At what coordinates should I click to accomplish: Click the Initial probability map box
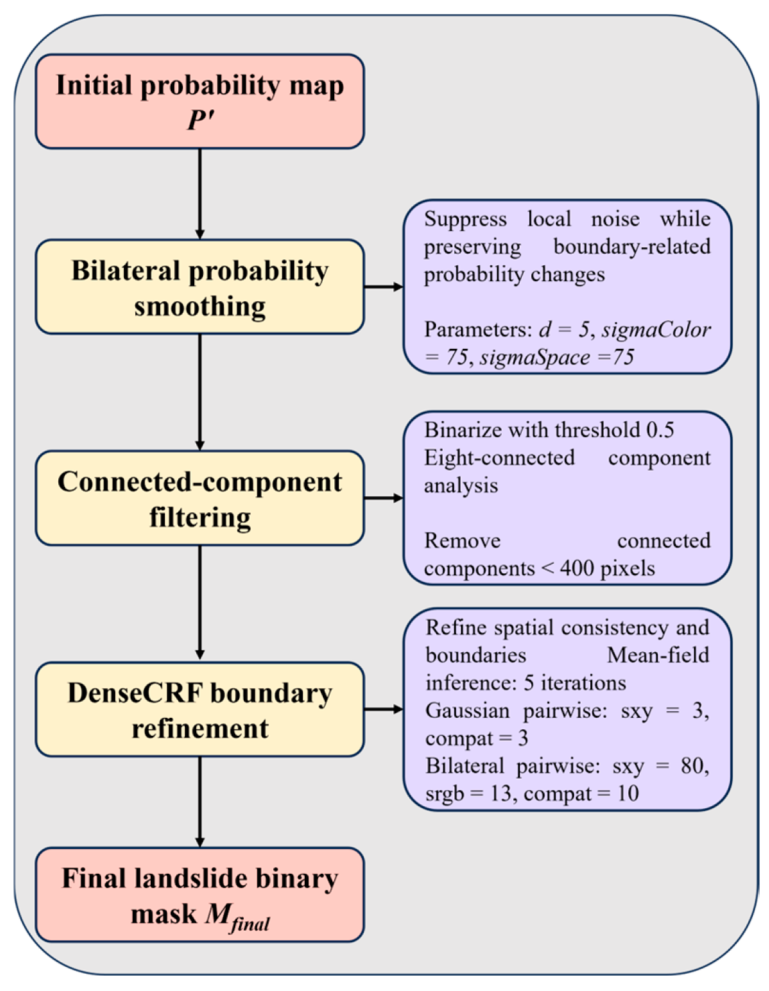tap(200, 102)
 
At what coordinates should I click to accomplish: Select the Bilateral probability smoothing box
tap(200, 287)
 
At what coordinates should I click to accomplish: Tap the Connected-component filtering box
tap(200, 498)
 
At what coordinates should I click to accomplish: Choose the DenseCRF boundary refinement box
tap(200, 709)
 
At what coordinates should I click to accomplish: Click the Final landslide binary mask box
tap(200, 895)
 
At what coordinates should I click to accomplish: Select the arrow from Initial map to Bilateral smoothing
tap(200, 194)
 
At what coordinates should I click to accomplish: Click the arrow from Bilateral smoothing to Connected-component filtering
tap(200, 392)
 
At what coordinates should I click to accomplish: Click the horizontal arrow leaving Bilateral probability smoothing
tap(384, 287)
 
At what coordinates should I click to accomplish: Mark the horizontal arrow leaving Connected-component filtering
tap(384, 498)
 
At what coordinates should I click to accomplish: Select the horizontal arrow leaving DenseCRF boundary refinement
tap(384, 709)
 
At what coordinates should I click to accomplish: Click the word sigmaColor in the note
tap(656, 330)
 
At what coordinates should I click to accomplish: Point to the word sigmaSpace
tap(535, 358)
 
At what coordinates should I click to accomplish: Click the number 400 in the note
tap(577, 568)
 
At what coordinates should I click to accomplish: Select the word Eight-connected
tap(500, 459)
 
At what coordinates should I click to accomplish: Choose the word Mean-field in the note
tap(658, 656)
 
